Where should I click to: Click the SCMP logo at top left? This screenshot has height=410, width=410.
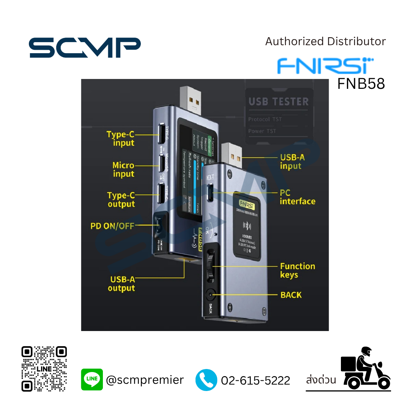tap(85, 48)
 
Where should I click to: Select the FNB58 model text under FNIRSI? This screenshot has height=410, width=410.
tap(361, 84)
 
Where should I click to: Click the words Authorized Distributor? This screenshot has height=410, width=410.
tap(325, 41)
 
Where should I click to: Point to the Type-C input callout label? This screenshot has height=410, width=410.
tap(121, 139)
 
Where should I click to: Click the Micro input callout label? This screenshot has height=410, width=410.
tap(123, 170)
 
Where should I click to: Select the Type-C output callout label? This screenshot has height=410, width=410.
tap(121, 200)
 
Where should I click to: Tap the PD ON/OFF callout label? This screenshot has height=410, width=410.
tap(112, 226)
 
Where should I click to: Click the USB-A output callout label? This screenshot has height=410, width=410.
tap(121, 284)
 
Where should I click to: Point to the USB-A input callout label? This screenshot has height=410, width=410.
tap(292, 161)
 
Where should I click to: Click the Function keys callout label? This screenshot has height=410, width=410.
tap(297, 270)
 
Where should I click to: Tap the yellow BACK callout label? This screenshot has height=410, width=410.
tap(291, 295)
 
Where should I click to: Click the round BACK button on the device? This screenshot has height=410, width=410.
tap(210, 295)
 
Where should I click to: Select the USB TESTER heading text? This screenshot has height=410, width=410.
tap(279, 102)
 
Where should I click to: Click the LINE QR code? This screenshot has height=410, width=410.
tap(44, 369)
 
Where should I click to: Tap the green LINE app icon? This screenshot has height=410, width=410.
tap(92, 379)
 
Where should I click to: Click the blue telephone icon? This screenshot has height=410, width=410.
tap(206, 380)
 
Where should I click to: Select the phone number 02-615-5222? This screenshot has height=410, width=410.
tap(255, 380)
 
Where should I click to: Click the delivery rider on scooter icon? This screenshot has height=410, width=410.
tap(365, 368)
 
